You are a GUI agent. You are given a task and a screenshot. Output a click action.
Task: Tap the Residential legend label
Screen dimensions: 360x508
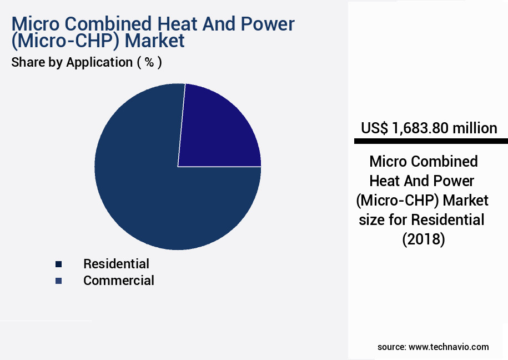pyautogui.click(x=116, y=263)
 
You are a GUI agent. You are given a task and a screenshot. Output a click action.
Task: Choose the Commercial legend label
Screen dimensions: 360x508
pyautogui.click(x=119, y=281)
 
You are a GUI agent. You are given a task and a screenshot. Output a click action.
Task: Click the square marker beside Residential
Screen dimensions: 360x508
pyautogui.click(x=58, y=264)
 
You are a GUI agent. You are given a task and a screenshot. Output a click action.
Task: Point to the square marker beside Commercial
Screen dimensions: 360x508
pyautogui.click(x=58, y=281)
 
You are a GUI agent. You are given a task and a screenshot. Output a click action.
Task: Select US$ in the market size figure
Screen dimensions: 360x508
pyautogui.click(x=374, y=128)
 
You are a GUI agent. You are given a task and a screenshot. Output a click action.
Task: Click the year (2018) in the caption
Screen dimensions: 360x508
pyautogui.click(x=423, y=239)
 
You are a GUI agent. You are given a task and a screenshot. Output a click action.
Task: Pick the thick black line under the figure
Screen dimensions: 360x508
pyautogui.click(x=425, y=142)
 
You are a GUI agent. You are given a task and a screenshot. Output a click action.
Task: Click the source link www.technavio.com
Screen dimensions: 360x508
pyautogui.click(x=449, y=347)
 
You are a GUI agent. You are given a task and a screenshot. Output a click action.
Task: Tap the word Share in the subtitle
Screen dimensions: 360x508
pyautogui.click(x=27, y=62)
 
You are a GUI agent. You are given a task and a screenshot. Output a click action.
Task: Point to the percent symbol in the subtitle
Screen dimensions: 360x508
pyautogui.click(x=149, y=62)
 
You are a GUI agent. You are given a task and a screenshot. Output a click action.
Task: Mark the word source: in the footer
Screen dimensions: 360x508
pyautogui.click(x=391, y=347)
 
